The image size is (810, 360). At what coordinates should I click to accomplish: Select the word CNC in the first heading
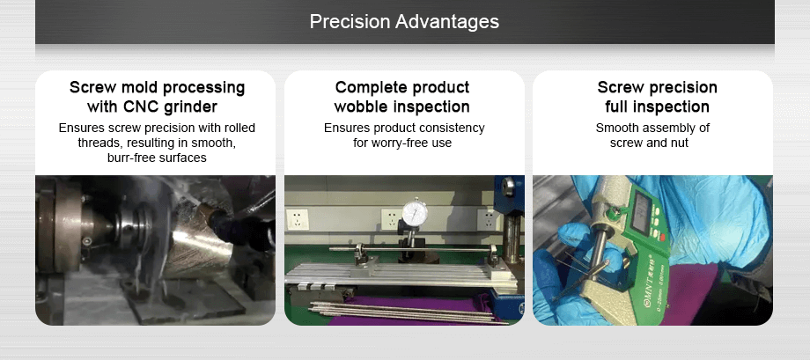[141, 107]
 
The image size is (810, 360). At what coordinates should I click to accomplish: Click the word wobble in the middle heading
[361, 107]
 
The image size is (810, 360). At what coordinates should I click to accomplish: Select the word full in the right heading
[621, 107]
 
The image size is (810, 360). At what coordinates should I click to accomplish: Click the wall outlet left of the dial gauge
[389, 217]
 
